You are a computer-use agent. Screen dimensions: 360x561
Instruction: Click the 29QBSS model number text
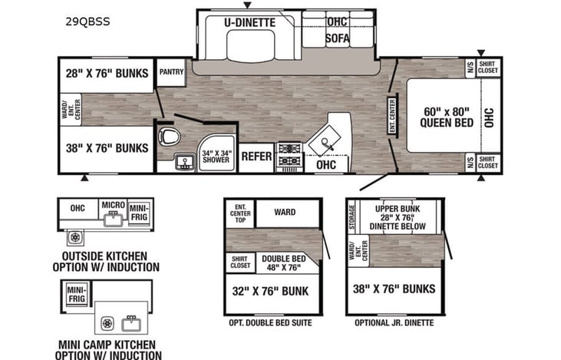tap(88, 21)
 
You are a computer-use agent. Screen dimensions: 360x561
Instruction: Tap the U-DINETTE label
tap(249, 23)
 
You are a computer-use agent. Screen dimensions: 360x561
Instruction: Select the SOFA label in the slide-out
tap(338, 38)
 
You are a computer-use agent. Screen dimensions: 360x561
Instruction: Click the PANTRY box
tap(171, 71)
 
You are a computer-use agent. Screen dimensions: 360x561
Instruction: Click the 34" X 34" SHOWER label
tap(216, 157)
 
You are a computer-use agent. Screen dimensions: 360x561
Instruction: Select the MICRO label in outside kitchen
tap(114, 205)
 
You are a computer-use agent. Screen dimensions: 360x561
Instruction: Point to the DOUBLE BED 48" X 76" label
tap(283, 263)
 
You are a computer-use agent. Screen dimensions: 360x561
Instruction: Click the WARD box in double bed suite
tap(285, 212)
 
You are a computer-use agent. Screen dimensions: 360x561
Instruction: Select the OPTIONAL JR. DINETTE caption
tap(394, 323)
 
